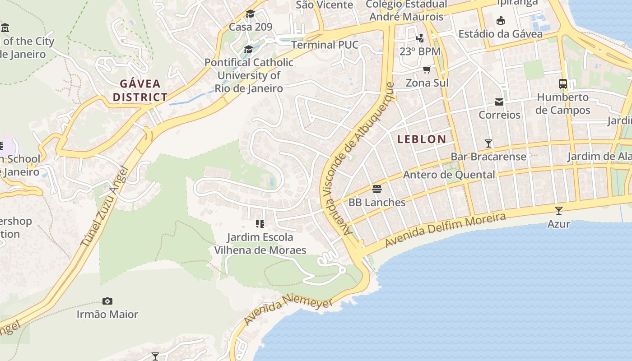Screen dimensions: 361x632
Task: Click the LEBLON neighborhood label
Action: pyautogui.click(x=422, y=139)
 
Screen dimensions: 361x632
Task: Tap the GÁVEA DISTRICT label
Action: pyautogui.click(x=140, y=90)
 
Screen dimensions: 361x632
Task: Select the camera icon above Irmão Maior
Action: pyautogui.click(x=107, y=301)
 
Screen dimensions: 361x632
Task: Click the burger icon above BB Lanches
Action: pyautogui.click(x=377, y=189)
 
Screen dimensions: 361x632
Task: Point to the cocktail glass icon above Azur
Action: pyautogui.click(x=559, y=211)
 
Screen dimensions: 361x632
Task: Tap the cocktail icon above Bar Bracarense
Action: pyautogui.click(x=488, y=143)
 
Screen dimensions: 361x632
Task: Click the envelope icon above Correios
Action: pyautogui.click(x=499, y=102)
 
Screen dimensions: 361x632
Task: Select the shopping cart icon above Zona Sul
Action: pyautogui.click(x=427, y=70)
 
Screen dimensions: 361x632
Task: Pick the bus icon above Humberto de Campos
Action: pyautogui.click(x=563, y=84)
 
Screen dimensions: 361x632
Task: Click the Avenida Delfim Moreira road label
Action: pyautogui.click(x=445, y=230)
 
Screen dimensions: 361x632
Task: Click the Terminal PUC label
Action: pyautogui.click(x=325, y=45)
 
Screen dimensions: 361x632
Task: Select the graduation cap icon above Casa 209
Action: pyautogui.click(x=250, y=14)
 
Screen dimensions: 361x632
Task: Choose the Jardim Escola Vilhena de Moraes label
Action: pyautogui.click(x=260, y=244)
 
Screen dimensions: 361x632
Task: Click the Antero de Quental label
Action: pyautogui.click(x=449, y=175)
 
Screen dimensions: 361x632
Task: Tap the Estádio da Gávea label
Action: pyautogui.click(x=500, y=34)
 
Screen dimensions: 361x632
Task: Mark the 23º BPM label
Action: pyautogui.click(x=420, y=51)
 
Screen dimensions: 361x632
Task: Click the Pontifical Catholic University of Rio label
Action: pyautogui.click(x=249, y=75)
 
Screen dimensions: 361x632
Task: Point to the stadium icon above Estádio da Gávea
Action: pyautogui.click(x=500, y=20)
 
